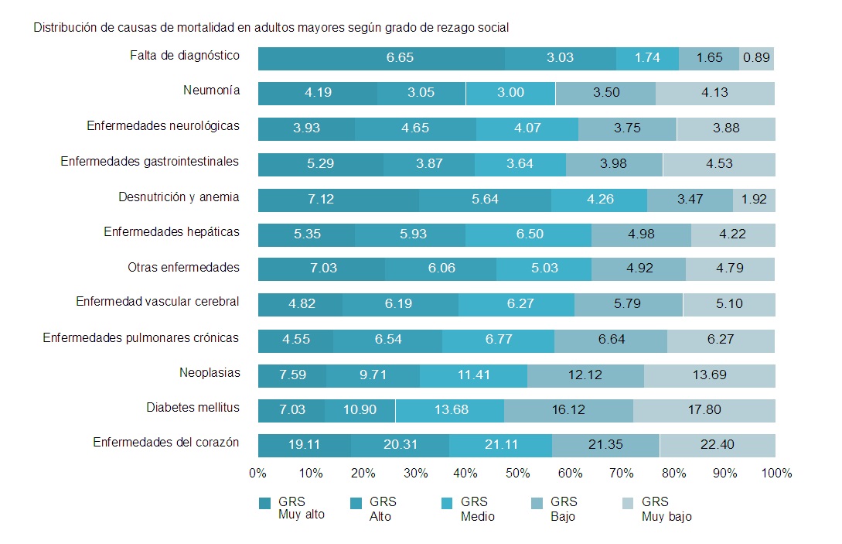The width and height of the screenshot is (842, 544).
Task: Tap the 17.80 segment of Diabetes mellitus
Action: coord(704,410)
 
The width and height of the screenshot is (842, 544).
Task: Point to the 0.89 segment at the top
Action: coord(755,58)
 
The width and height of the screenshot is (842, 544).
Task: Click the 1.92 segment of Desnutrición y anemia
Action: coord(754,199)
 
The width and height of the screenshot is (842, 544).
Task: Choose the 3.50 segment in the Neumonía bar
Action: coord(606,93)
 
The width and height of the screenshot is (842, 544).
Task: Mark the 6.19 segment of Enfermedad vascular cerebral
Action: coord(398,304)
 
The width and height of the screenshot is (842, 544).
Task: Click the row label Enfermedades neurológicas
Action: coord(163,125)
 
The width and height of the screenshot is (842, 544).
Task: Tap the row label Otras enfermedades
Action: coord(183,268)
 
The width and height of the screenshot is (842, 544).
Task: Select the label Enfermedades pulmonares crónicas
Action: coord(141,338)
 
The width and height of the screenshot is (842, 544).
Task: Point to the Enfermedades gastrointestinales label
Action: coord(150,162)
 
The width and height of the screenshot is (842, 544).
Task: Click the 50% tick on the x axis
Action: coord(516,473)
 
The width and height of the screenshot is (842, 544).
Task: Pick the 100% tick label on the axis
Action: coord(776,473)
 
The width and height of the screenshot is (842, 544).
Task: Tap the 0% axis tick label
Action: coord(257,473)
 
